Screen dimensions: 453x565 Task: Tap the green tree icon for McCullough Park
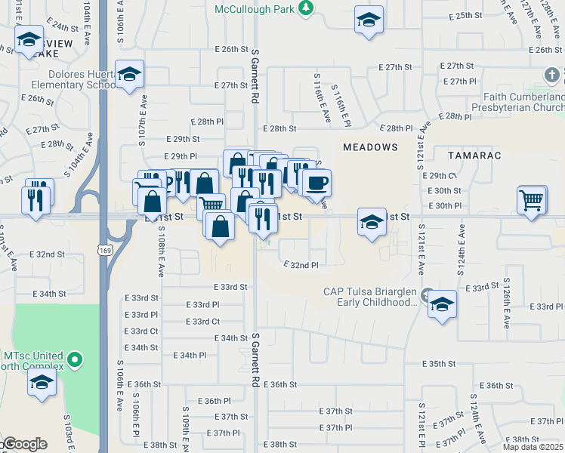coord(306,8)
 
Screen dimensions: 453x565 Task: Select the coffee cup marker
coord(316,182)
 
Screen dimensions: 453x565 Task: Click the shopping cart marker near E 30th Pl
coord(532,200)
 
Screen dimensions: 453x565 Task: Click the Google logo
coord(23,444)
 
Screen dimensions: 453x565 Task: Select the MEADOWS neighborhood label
coord(370,146)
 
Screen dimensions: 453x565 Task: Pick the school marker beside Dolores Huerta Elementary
coord(129,74)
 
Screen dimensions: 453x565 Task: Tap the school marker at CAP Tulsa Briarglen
coord(443,304)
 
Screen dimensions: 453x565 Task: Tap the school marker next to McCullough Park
coord(368,20)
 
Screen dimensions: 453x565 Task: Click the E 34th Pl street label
coord(190,355)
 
